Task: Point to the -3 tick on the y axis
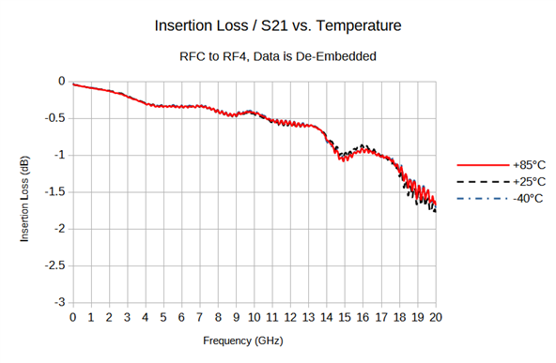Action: pos(61,303)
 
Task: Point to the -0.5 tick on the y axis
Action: pos(55,118)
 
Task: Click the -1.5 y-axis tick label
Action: pos(55,192)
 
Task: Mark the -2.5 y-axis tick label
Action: pos(55,266)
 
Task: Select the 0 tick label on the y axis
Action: pos(64,82)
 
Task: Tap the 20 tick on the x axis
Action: pos(436,317)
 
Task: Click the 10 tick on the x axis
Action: pos(255,317)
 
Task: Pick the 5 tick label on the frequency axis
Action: pos(163,317)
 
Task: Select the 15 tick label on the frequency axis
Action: pos(345,317)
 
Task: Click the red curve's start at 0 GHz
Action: pos(73,84)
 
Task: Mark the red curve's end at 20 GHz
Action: pos(436,204)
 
